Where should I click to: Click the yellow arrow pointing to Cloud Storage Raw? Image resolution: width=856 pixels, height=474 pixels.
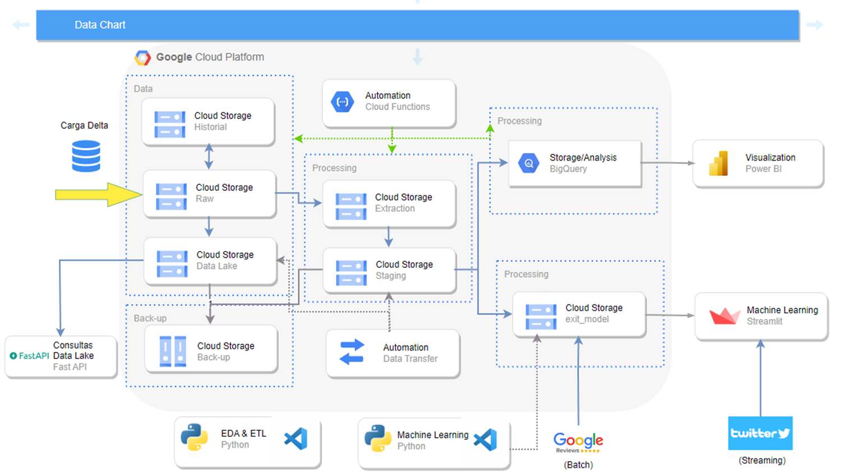coord(99,194)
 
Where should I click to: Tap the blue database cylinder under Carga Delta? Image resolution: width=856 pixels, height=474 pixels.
coord(86,156)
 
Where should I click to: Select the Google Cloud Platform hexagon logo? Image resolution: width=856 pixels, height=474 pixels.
coord(142,58)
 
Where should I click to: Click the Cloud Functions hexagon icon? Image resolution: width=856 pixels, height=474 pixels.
coord(342,102)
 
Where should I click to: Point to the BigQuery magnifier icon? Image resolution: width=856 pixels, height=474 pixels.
coord(529,163)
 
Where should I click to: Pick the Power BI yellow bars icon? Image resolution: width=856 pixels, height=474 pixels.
coord(719,163)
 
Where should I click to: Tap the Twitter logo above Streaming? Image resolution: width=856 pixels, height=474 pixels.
coord(760,433)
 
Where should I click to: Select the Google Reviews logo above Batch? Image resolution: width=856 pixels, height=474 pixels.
coord(578,443)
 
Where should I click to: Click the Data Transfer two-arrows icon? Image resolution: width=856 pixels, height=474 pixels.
coord(352,352)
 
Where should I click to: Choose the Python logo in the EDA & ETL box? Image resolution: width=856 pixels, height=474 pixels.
coord(194,437)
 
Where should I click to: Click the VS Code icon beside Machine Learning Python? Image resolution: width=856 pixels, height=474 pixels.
coord(485,440)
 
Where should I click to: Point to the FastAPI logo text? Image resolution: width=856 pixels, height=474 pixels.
coord(29,356)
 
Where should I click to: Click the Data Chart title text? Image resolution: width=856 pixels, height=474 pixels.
coord(100,25)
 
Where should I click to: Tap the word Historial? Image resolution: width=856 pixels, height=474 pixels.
coord(210,127)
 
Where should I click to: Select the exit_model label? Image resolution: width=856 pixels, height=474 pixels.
coord(587,319)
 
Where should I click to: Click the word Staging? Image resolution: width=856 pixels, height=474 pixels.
coord(390,276)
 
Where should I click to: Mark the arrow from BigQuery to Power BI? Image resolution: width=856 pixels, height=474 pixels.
coord(668,163)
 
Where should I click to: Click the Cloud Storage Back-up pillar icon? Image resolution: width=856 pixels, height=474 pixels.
coord(173,351)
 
